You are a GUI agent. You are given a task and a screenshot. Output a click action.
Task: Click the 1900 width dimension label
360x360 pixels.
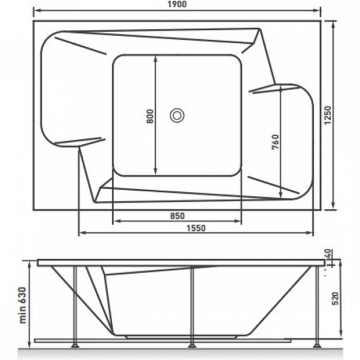coord(177,4)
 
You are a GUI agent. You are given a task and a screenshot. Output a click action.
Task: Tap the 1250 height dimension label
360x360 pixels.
coord(328,115)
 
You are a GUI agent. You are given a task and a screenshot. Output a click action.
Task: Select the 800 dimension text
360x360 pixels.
coord(150,116)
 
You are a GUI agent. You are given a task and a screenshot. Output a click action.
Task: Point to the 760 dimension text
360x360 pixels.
coord(275,142)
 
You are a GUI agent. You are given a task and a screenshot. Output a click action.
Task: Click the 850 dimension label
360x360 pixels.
coord(177,216)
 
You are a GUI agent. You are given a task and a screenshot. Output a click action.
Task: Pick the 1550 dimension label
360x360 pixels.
coord(196,228)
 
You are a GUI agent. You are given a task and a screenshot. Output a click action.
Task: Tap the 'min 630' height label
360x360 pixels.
coord(23,305)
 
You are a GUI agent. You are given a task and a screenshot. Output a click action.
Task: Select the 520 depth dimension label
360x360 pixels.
coord(335,298)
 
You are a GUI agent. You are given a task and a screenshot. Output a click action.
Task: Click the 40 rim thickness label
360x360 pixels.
coord(328,253)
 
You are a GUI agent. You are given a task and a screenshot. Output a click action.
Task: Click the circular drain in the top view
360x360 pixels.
coord(177,116)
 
